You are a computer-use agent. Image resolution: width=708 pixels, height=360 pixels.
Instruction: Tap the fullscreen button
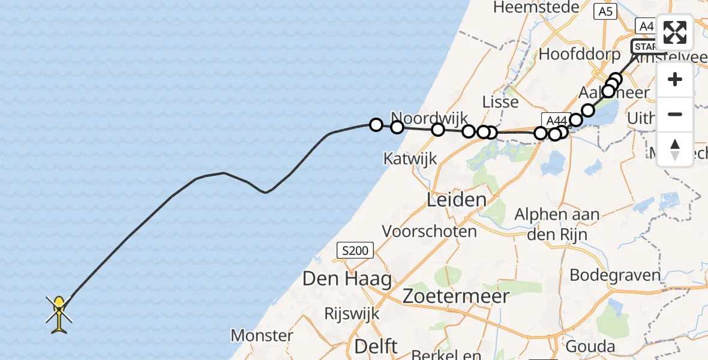675,32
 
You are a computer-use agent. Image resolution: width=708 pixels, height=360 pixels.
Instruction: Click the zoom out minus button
675,114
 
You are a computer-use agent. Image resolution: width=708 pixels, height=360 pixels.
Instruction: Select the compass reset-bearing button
675,149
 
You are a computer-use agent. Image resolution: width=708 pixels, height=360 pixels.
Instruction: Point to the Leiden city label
456,200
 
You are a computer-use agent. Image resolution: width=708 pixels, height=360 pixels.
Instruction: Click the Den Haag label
347,279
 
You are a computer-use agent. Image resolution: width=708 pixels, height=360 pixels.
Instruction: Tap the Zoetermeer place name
456,295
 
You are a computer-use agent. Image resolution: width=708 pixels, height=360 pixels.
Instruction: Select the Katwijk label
410,159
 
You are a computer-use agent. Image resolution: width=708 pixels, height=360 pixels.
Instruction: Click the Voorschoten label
429,231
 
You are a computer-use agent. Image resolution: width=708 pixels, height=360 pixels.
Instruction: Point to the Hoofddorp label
580,54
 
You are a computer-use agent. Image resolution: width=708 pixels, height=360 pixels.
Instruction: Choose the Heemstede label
536,7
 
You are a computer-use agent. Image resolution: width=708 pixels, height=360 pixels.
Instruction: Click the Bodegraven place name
615,275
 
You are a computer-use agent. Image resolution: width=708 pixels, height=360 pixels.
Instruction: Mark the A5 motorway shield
605,11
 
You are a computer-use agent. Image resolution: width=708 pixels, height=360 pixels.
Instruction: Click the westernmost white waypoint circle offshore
376,125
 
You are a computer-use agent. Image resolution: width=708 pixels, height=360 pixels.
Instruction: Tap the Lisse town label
500,102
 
